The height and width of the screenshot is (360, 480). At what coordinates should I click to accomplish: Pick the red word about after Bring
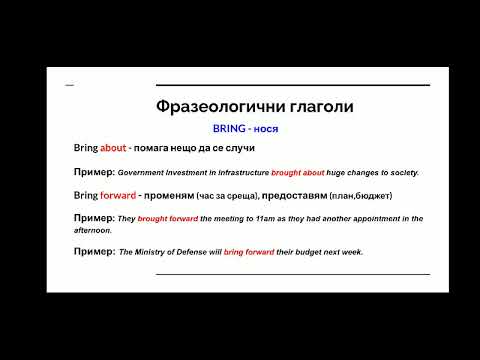click(113, 148)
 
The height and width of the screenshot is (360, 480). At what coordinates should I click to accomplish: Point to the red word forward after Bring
click(117, 194)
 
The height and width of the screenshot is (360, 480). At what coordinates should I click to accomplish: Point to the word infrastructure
click(241, 173)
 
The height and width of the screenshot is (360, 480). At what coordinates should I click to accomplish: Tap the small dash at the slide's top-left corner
click(69, 85)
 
